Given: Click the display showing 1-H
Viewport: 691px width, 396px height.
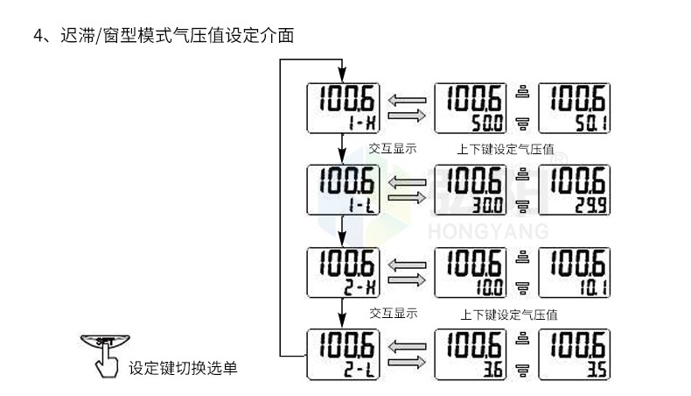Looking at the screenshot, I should pos(342,109).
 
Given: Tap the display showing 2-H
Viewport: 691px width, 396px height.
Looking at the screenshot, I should pos(342,272).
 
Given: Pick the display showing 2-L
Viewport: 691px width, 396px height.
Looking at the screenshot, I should pos(342,354).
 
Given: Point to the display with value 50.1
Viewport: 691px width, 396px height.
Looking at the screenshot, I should pos(575,109).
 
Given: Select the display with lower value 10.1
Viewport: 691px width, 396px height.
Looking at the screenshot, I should pos(575,272).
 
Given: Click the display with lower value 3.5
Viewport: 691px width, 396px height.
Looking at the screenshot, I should pos(575,354).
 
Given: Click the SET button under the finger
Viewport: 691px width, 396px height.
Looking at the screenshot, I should pos(104,341).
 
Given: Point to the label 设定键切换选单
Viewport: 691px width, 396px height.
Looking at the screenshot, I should pos(183,368).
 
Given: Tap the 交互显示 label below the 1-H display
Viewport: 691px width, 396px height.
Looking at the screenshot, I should pos(393,148).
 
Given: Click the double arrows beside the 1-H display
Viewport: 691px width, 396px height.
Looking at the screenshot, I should pos(408,109).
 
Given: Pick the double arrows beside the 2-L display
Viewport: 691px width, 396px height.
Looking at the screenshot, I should pos(408,354).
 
